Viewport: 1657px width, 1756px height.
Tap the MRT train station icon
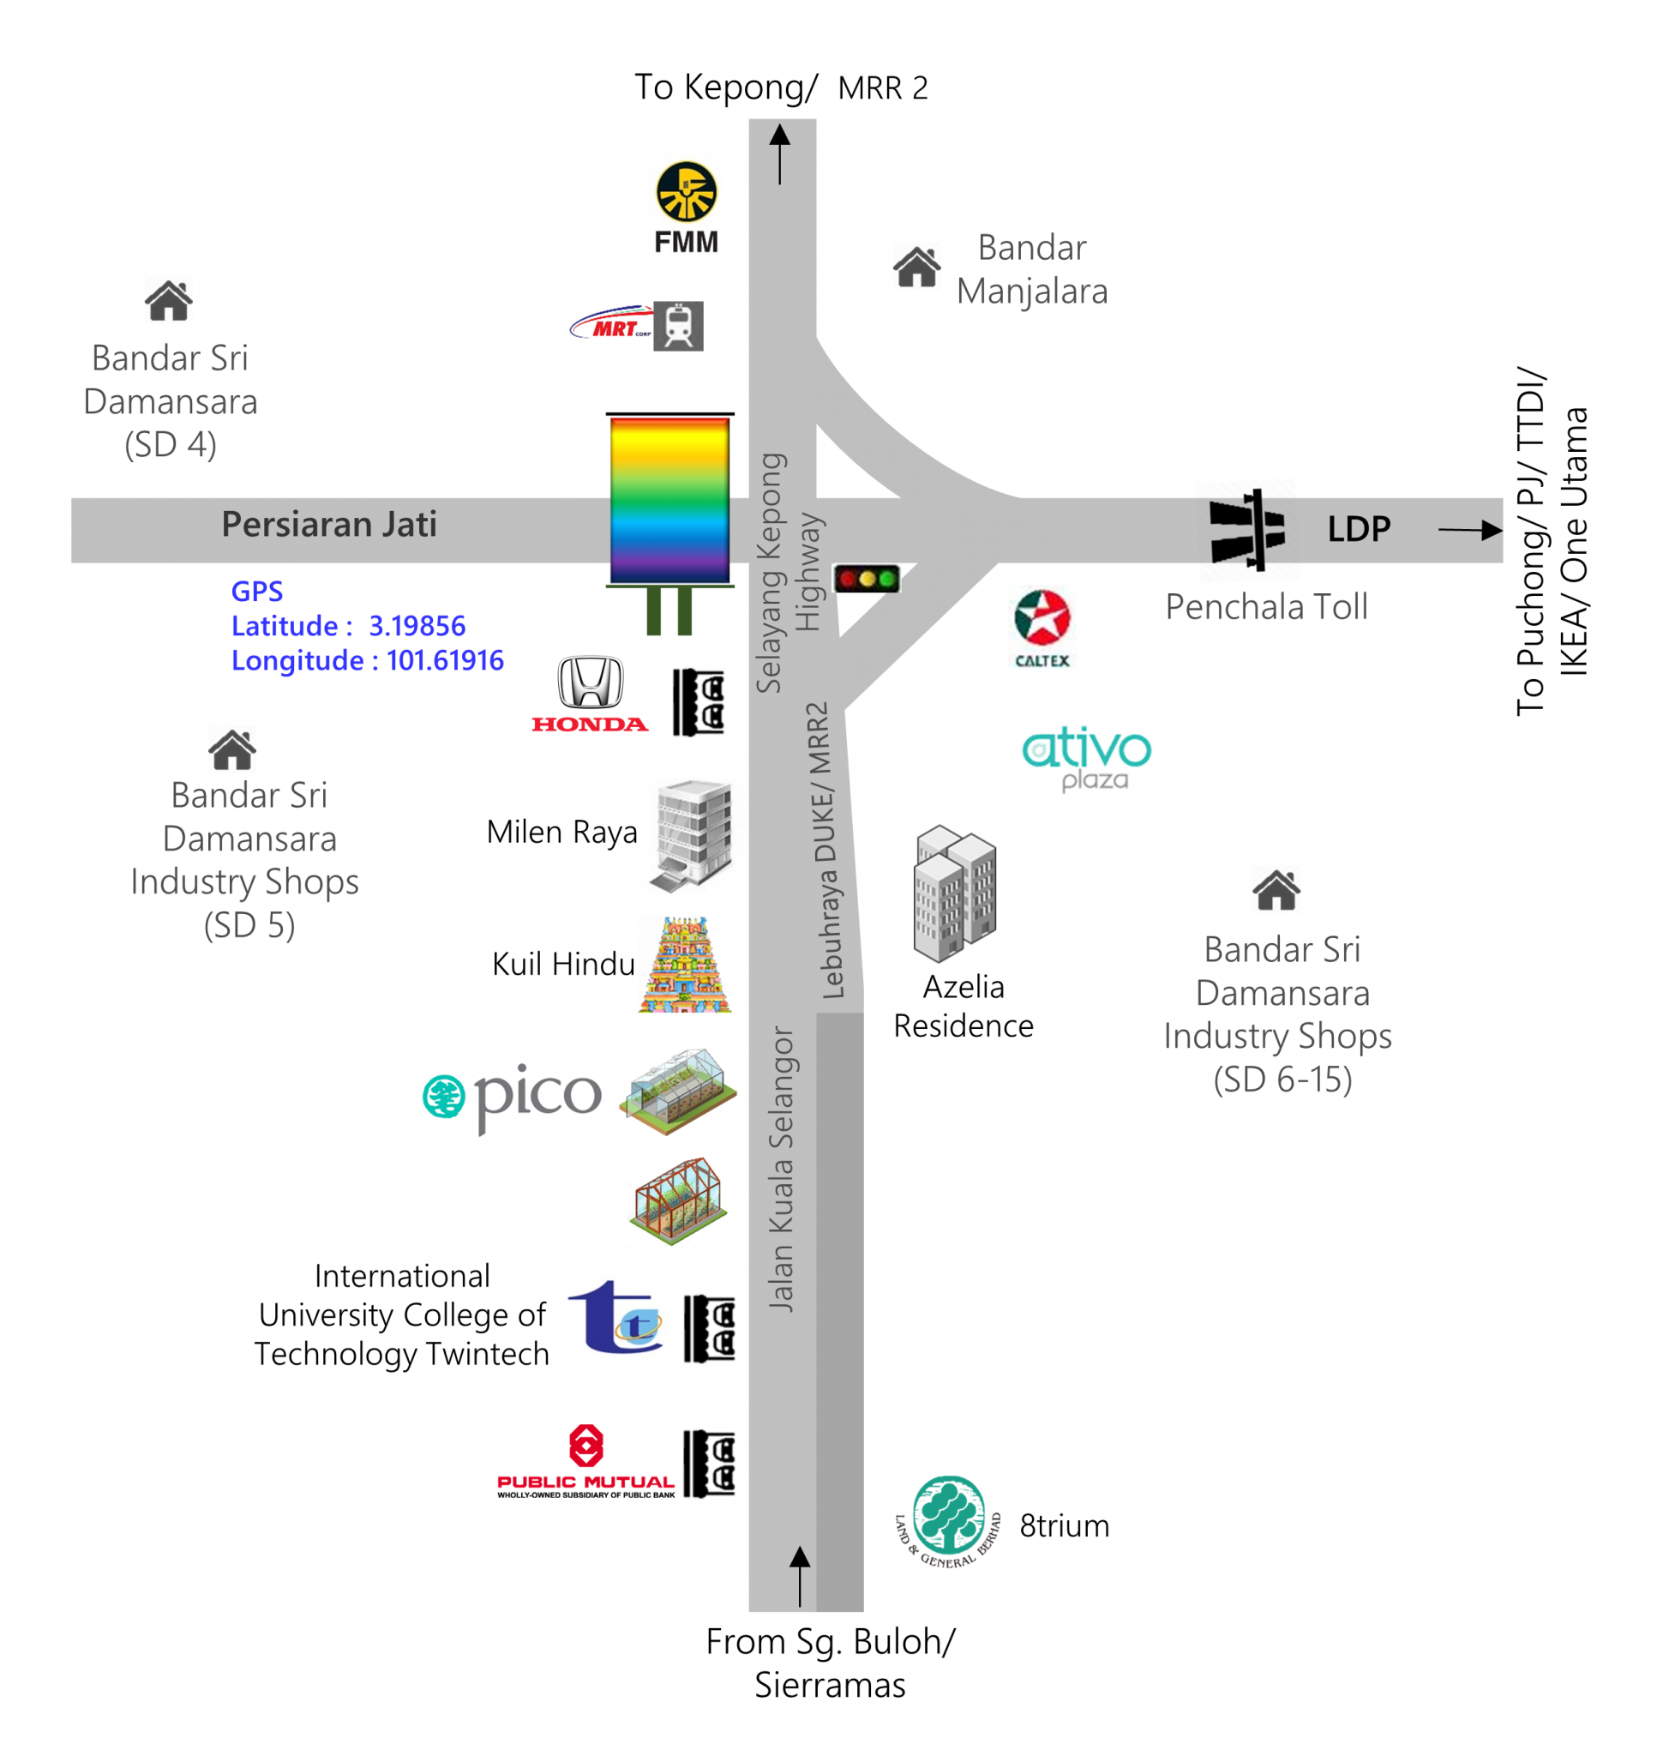(x=678, y=326)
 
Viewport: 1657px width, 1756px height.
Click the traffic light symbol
(x=867, y=579)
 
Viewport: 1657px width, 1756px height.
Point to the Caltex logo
(x=1042, y=628)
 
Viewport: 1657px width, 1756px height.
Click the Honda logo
(x=590, y=695)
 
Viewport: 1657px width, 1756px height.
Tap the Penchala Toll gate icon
(x=1247, y=529)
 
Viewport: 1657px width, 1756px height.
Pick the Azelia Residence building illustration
(x=955, y=893)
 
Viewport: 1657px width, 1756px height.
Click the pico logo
(x=513, y=1097)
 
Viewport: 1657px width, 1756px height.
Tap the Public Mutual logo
(x=585, y=1461)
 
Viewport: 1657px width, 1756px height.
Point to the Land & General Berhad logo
(x=949, y=1521)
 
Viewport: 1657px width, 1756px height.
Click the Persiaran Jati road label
(x=329, y=524)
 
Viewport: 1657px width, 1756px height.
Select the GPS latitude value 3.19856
(x=417, y=625)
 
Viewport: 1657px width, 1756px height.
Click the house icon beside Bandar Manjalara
(x=917, y=266)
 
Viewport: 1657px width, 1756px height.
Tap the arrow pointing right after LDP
(x=1471, y=530)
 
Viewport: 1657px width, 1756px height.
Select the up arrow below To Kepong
(x=780, y=154)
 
